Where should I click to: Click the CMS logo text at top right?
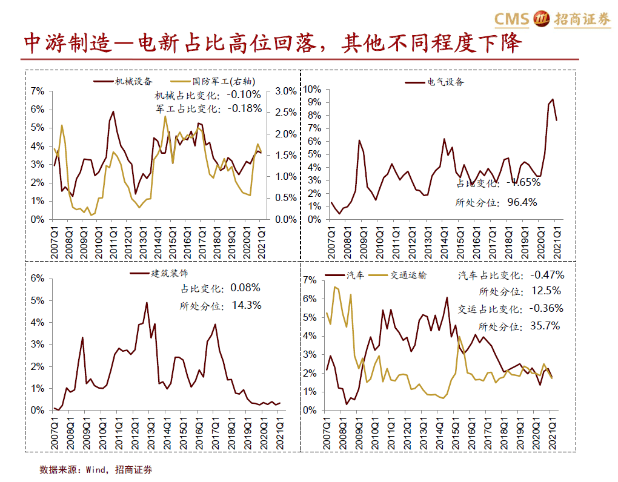point(512,19)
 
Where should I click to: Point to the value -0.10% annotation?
point(244,95)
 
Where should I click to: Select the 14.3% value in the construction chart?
point(246,305)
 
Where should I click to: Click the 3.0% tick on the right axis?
point(285,91)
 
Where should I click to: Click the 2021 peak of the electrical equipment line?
point(552,99)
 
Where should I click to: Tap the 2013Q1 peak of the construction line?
point(146,302)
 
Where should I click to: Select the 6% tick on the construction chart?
point(38,278)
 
